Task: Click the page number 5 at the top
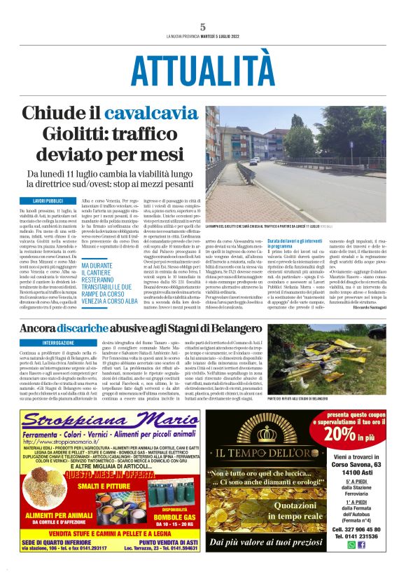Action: tap(202, 27)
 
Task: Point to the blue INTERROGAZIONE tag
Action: tap(47, 343)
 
